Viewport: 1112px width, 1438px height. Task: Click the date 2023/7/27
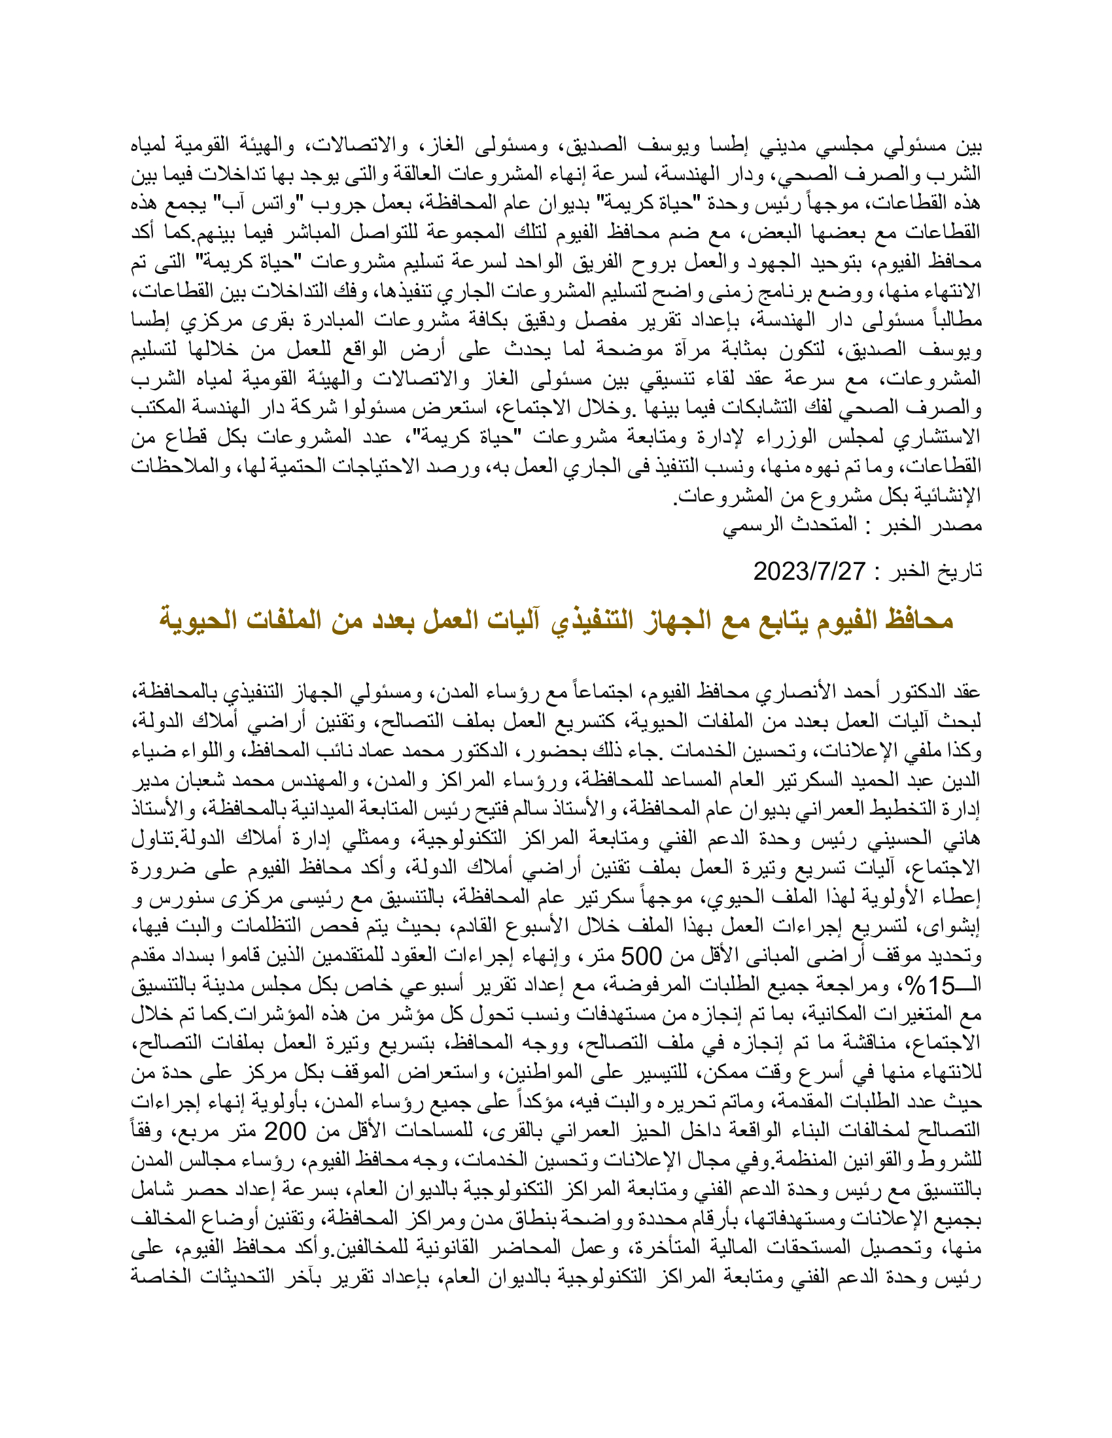(x=809, y=571)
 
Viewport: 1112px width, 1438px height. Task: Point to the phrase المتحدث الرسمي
(x=790, y=525)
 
